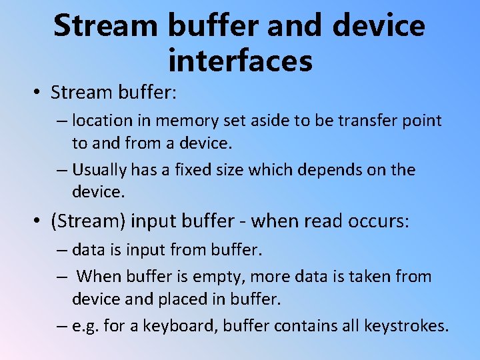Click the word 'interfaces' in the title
tap(240, 61)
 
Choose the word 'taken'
tap(365, 276)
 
